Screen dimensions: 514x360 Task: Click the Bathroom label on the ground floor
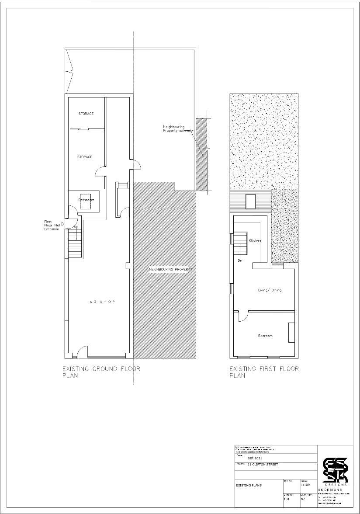point(86,200)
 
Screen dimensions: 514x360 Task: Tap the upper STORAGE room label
point(86,114)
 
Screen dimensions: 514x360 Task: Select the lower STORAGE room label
point(85,157)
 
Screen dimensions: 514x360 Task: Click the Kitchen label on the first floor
point(255,241)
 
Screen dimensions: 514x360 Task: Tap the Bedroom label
point(265,336)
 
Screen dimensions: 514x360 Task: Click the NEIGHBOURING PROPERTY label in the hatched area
point(170,270)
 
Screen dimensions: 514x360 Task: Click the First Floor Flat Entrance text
point(51,225)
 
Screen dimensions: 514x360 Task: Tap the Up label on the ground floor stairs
point(76,227)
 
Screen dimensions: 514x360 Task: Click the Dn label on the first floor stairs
point(239,260)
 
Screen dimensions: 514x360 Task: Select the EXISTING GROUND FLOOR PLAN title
point(101,372)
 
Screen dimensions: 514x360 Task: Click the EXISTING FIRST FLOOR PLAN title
point(264,372)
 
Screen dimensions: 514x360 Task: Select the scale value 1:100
point(305,485)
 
